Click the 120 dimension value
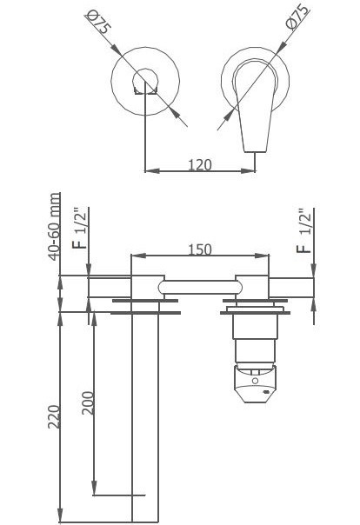click(x=200, y=165)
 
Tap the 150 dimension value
click(x=200, y=249)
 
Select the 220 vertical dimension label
click(x=54, y=416)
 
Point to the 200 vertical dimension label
click(x=88, y=402)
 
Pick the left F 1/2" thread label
click(x=80, y=229)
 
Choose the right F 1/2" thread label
click(x=304, y=230)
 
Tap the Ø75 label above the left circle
click(x=98, y=22)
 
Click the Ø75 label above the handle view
click(x=297, y=17)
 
